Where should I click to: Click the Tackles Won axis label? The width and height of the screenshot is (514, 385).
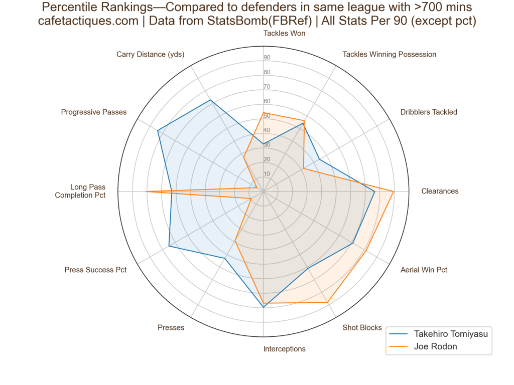pyautogui.click(x=284, y=34)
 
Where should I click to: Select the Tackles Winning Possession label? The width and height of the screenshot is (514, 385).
pyautogui.click(x=389, y=54)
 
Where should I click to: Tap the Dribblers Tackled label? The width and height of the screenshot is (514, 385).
pyautogui.click(x=429, y=112)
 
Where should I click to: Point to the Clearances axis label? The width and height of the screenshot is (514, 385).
pyautogui.click(x=440, y=191)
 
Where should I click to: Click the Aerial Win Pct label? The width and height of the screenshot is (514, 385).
pyautogui.click(x=424, y=270)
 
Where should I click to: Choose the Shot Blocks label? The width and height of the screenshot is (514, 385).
pyautogui.click(x=362, y=328)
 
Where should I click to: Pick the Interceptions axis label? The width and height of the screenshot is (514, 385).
pyautogui.click(x=284, y=349)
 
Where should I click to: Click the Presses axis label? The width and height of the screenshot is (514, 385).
pyautogui.click(x=171, y=328)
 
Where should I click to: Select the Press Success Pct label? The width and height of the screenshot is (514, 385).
pyautogui.click(x=95, y=270)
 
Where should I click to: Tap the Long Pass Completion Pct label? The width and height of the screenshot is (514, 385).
pyautogui.click(x=80, y=191)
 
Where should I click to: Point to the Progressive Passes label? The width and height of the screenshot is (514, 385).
pyautogui.click(x=94, y=112)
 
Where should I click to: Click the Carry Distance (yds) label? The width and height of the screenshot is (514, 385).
pyautogui.click(x=151, y=54)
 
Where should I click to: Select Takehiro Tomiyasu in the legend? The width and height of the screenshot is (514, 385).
pyautogui.click(x=451, y=334)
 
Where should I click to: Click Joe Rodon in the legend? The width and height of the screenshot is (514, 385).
pyautogui.click(x=435, y=346)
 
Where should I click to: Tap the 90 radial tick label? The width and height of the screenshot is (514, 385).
pyautogui.click(x=267, y=57)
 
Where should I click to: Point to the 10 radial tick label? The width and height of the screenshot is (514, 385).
pyautogui.click(x=267, y=174)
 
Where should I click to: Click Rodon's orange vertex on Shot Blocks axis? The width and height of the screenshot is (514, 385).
pyautogui.click(x=328, y=302)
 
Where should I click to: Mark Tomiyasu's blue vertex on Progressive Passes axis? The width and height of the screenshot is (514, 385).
pyautogui.click(x=158, y=130)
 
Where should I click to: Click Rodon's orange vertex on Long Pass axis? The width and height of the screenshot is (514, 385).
pyautogui.click(x=146, y=191)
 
